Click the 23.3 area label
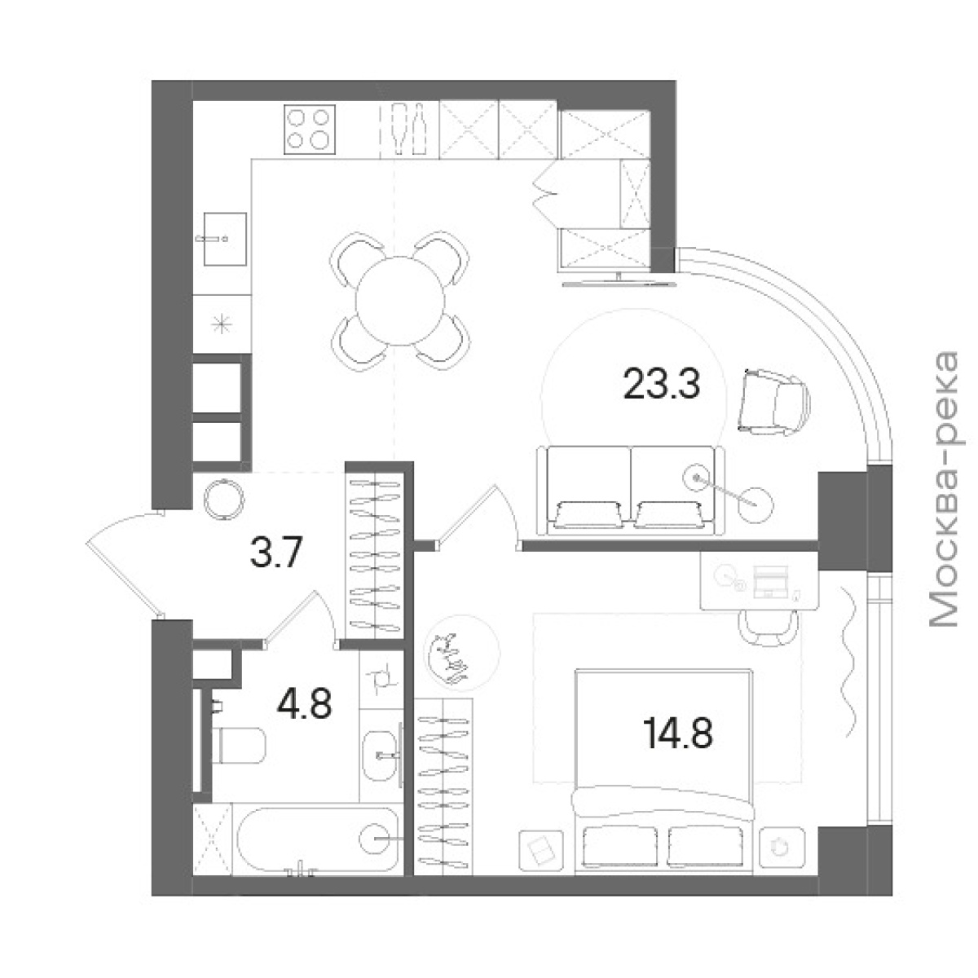click(x=661, y=383)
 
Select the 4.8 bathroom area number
click(x=304, y=703)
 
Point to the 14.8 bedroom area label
click(x=677, y=733)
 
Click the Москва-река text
click(x=943, y=489)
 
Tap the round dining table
click(x=400, y=301)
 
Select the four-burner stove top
click(x=310, y=129)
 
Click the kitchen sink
click(x=225, y=239)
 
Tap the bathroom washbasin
click(x=381, y=756)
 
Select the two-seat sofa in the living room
click(x=630, y=491)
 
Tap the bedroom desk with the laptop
click(x=759, y=580)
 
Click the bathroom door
click(x=299, y=620)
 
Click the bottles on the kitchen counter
click(x=409, y=129)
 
